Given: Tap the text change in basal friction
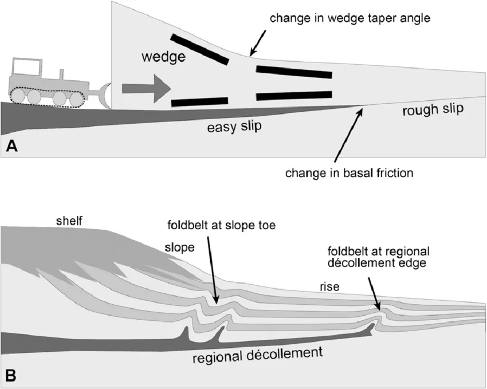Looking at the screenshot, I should click(x=349, y=171).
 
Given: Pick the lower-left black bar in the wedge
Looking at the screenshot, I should click(x=200, y=102).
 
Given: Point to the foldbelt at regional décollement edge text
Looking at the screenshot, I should click(x=378, y=258).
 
